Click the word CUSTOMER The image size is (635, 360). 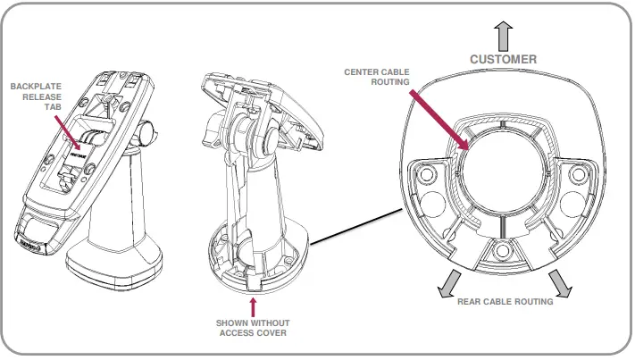click(x=504, y=59)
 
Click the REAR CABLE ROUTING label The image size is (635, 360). click(x=505, y=302)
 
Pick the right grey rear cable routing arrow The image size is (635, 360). click(x=560, y=282)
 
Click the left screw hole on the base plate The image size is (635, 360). click(x=427, y=172)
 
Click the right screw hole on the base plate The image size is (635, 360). click(x=580, y=172)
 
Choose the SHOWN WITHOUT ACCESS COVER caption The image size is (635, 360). click(x=253, y=328)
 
